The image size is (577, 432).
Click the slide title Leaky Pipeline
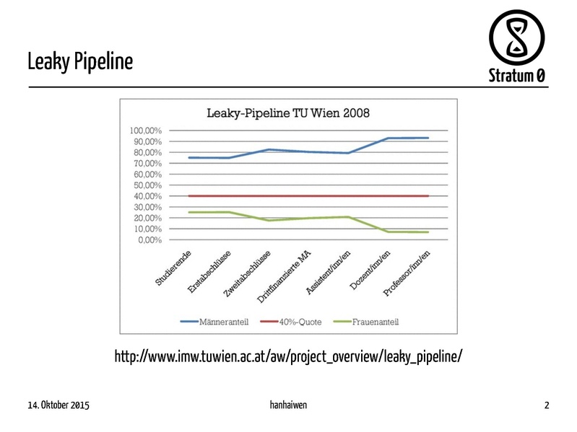pos(80,61)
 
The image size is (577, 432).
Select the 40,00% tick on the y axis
pos(147,196)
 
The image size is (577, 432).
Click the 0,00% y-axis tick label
pos(149,240)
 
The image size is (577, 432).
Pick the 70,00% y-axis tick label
pos(147,163)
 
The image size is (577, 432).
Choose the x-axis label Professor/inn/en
pos(407,272)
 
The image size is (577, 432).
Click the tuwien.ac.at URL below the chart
pos(289,356)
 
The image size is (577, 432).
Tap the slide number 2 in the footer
pos(547,405)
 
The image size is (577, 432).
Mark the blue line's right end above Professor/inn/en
pos(428,138)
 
